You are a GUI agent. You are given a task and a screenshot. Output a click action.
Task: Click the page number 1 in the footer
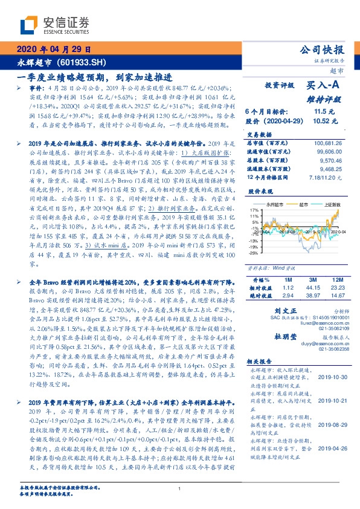(180, 490)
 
